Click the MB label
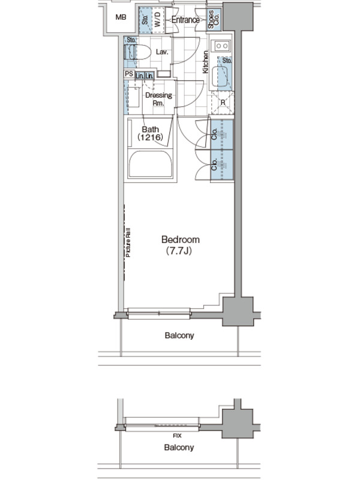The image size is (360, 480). click(121, 17)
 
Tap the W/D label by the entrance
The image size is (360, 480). click(157, 20)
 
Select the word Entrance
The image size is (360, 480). click(185, 20)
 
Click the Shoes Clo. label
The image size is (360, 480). click(214, 19)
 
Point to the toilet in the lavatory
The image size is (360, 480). click(137, 52)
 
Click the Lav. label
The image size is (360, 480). click(162, 52)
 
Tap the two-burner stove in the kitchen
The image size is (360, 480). click(221, 46)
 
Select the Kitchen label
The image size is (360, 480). click(205, 62)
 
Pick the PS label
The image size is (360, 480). click(129, 74)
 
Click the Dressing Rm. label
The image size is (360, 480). click(158, 99)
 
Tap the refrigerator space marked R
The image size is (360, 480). click(223, 103)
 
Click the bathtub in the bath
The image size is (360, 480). click(151, 164)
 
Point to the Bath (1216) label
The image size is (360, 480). click(151, 133)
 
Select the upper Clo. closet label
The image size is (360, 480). click(214, 134)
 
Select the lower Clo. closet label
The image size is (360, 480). click(214, 164)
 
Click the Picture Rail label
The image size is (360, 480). click(128, 242)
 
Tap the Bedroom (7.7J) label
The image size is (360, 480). click(181, 245)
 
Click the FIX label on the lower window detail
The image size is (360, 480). click(177, 436)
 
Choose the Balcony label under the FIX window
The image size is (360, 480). click(179, 448)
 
